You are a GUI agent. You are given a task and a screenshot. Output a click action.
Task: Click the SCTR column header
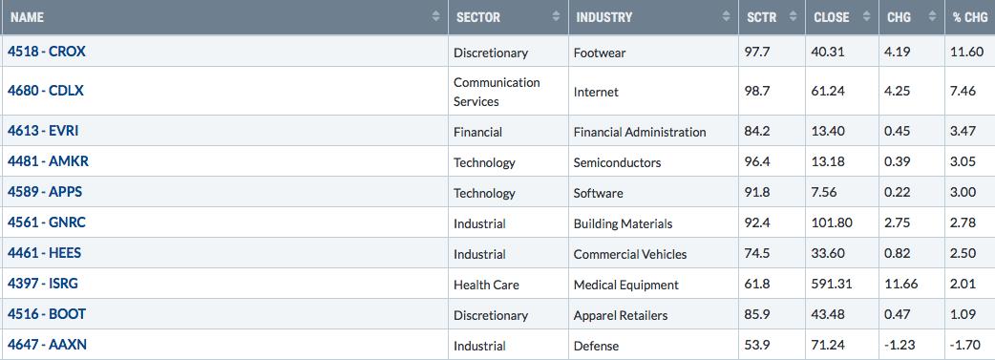click(x=761, y=17)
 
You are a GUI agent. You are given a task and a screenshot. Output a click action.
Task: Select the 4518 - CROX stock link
click(x=47, y=52)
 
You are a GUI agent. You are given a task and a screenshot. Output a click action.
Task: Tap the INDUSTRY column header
click(x=604, y=17)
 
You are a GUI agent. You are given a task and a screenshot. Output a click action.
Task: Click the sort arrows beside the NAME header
click(x=436, y=16)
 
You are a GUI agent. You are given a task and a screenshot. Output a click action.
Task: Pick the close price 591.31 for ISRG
click(x=832, y=284)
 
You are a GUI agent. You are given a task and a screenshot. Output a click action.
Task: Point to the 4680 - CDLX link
click(x=46, y=90)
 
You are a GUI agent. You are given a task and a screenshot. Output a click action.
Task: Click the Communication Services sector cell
click(x=497, y=92)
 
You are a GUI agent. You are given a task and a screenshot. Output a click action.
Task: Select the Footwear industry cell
click(x=600, y=53)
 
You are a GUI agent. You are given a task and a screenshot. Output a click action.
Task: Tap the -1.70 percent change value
click(x=963, y=346)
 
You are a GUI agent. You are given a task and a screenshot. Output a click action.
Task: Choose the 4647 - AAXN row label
click(x=47, y=345)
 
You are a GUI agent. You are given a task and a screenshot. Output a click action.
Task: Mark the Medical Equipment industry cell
click(x=625, y=286)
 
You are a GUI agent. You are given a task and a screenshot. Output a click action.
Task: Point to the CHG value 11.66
click(x=901, y=284)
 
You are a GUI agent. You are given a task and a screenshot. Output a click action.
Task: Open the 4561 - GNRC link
click(x=47, y=222)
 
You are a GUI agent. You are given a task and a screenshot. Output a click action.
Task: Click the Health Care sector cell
click(x=486, y=285)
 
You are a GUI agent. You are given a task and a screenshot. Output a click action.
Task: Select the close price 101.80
click(x=832, y=222)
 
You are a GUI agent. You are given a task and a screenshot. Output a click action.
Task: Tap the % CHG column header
click(x=970, y=17)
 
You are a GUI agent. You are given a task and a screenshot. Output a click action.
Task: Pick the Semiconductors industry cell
click(x=618, y=162)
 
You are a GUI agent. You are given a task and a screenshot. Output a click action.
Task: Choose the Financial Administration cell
click(x=640, y=132)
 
